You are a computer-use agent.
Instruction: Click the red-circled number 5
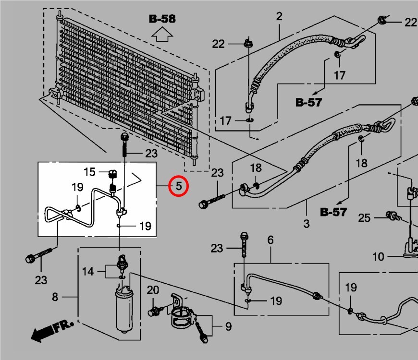[179, 186]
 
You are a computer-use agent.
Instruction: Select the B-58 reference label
[162, 19]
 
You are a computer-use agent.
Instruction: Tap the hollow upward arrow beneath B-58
[162, 35]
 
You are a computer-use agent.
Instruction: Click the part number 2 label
[279, 16]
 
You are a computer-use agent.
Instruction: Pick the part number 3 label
[307, 224]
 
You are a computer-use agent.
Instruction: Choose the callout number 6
[270, 240]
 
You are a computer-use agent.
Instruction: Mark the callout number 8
[55, 297]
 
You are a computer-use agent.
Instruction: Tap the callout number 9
[228, 327]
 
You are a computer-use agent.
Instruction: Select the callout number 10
[378, 257]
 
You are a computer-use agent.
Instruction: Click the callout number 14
[88, 272]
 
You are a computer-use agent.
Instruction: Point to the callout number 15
[89, 172]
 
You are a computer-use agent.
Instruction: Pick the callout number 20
[153, 290]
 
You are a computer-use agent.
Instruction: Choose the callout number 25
[364, 218]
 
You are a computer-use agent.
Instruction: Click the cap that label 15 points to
[114, 173]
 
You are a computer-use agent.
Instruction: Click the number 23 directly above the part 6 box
[217, 248]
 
